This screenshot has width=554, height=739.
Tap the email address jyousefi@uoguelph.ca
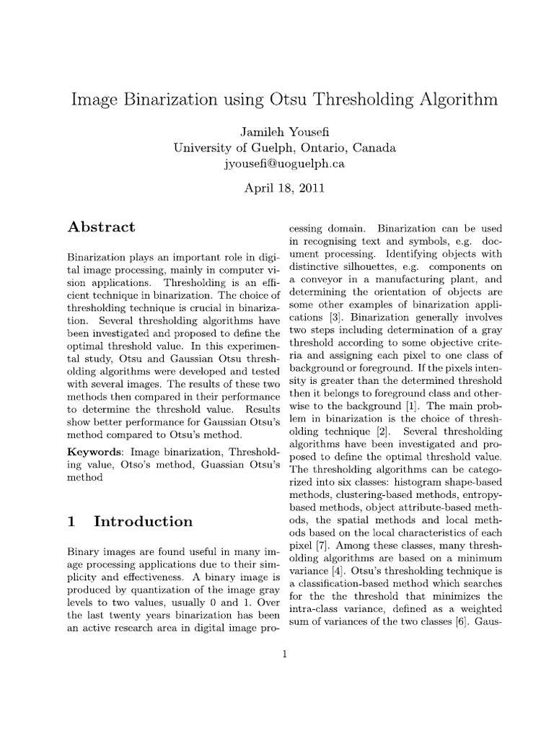[285, 163]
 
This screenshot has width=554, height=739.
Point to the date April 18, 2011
[285, 189]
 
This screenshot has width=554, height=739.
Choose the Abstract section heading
[101, 227]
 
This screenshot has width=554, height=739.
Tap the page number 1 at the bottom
[285, 655]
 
